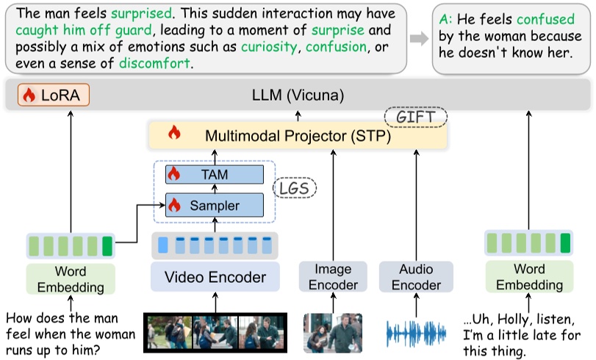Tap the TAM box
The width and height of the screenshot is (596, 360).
click(x=215, y=175)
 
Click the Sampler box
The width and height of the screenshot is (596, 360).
click(x=215, y=205)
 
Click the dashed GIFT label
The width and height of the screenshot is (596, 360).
click(x=415, y=116)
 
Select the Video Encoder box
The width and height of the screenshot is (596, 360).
click(x=215, y=277)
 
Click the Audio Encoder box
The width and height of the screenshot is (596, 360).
click(x=415, y=277)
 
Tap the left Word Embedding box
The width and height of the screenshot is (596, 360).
click(x=71, y=278)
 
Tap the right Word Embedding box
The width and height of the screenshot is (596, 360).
click(x=528, y=278)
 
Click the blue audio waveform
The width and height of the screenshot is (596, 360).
click(x=416, y=332)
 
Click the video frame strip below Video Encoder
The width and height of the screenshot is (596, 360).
click(x=215, y=332)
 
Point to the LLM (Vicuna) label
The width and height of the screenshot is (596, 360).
click(x=298, y=95)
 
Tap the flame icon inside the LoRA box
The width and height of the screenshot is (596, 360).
click(x=30, y=95)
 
